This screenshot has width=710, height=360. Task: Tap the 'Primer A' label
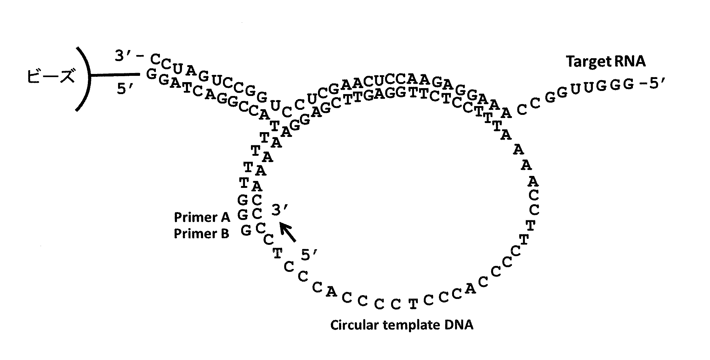point(202,217)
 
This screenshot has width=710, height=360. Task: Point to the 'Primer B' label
point(202,234)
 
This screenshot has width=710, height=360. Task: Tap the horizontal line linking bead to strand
point(115,75)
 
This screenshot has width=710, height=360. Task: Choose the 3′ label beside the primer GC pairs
point(279,210)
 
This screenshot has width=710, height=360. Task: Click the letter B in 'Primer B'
point(225,234)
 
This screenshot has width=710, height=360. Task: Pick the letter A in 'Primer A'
point(225,217)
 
